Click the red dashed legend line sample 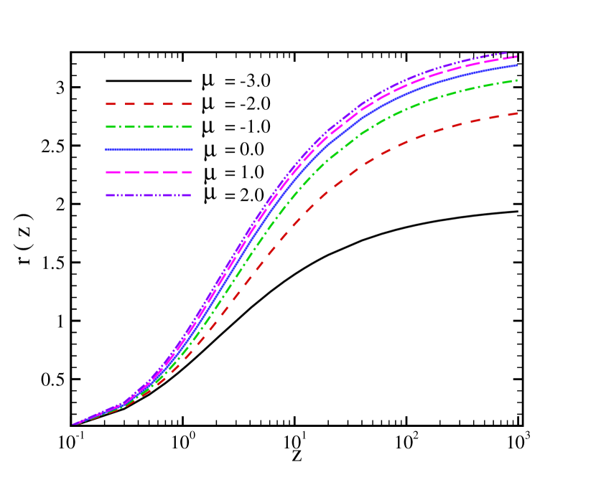point(149,104)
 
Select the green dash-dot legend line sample point(149,127)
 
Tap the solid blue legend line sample point(149,149)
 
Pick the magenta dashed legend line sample point(149,172)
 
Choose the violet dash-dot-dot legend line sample point(149,195)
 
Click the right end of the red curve point(517,113)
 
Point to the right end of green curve point(517,80)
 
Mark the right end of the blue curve point(517,65)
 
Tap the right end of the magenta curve point(517,56)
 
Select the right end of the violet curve point(508,52)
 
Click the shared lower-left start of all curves point(73,424)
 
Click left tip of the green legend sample point(106,127)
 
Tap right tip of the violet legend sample point(192,195)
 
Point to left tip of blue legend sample point(106,149)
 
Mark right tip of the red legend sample point(192,104)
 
